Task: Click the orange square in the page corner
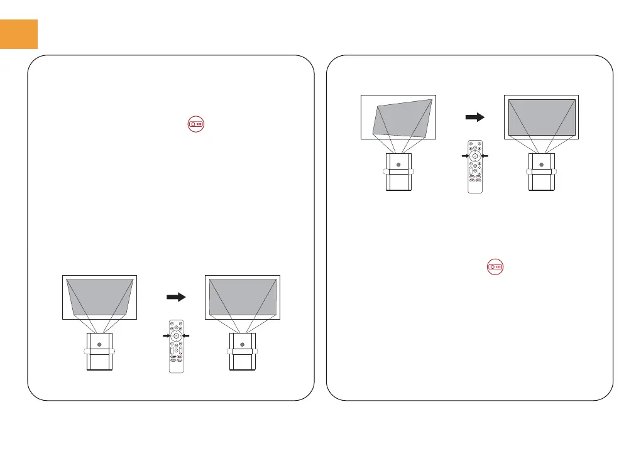coord(19,33)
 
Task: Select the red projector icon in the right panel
coord(496,268)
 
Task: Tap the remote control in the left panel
coord(177,347)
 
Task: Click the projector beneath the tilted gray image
coord(397,172)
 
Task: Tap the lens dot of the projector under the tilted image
coord(397,161)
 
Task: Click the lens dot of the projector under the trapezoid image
coord(99,344)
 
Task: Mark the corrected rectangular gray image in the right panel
coord(542,117)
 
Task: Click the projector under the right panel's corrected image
coord(542,172)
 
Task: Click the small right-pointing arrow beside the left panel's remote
coord(166,337)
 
